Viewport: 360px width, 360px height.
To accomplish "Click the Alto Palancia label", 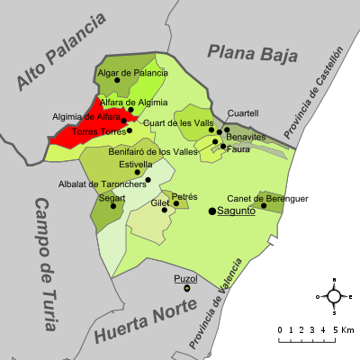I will pyautogui.click(x=61, y=51).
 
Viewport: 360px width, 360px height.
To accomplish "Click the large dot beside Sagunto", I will pyautogui.click(x=213, y=211).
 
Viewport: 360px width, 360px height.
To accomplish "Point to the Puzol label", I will pyautogui.click(x=186, y=279).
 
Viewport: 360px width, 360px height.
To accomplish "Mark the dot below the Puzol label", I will pyautogui.click(x=187, y=288).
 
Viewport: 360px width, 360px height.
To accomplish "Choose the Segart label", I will pyautogui.click(x=112, y=197).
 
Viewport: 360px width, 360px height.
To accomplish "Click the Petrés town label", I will pyautogui.click(x=184, y=195).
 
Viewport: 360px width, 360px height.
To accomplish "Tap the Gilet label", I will pyautogui.click(x=160, y=203).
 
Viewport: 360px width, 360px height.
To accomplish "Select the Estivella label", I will pyautogui.click(x=136, y=164).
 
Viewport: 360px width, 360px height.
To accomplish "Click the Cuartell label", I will pyautogui.click(x=242, y=113).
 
